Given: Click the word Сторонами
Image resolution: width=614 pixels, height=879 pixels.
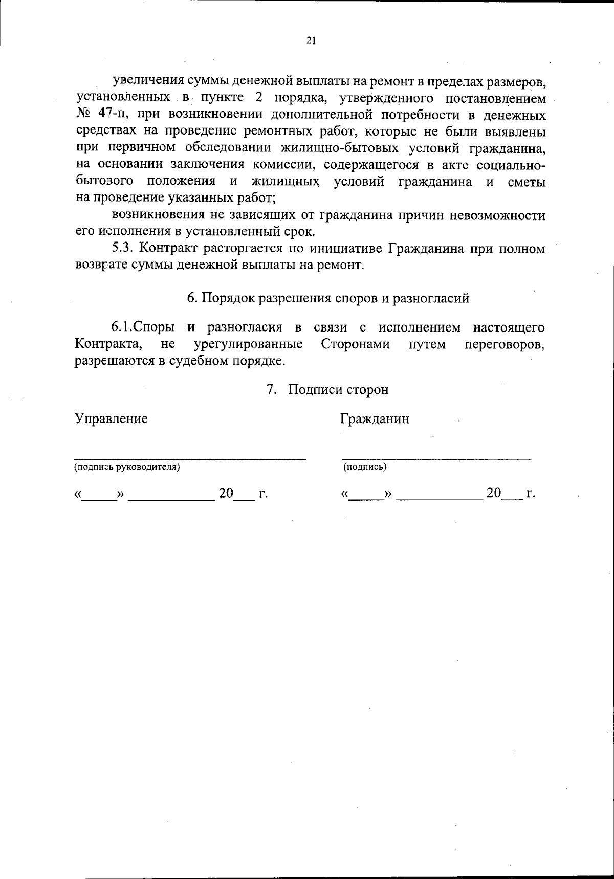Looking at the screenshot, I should (355, 344).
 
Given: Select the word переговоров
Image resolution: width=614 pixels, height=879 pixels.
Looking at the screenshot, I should (504, 344).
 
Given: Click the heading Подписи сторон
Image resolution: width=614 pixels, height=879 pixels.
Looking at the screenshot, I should (338, 390).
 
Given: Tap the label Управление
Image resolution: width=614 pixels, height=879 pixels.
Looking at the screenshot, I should (111, 419).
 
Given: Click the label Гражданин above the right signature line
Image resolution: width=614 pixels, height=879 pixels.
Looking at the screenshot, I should (375, 419).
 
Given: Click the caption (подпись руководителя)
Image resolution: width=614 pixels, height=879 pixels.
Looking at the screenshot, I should (127, 467).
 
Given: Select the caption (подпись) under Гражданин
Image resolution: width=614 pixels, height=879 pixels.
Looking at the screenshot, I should (365, 467).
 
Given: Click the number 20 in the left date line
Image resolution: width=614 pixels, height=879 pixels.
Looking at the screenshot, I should (226, 494).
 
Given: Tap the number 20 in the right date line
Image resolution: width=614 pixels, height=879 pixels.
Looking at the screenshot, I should (494, 494).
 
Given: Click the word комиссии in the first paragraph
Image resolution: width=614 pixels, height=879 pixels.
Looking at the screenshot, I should (287, 165).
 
